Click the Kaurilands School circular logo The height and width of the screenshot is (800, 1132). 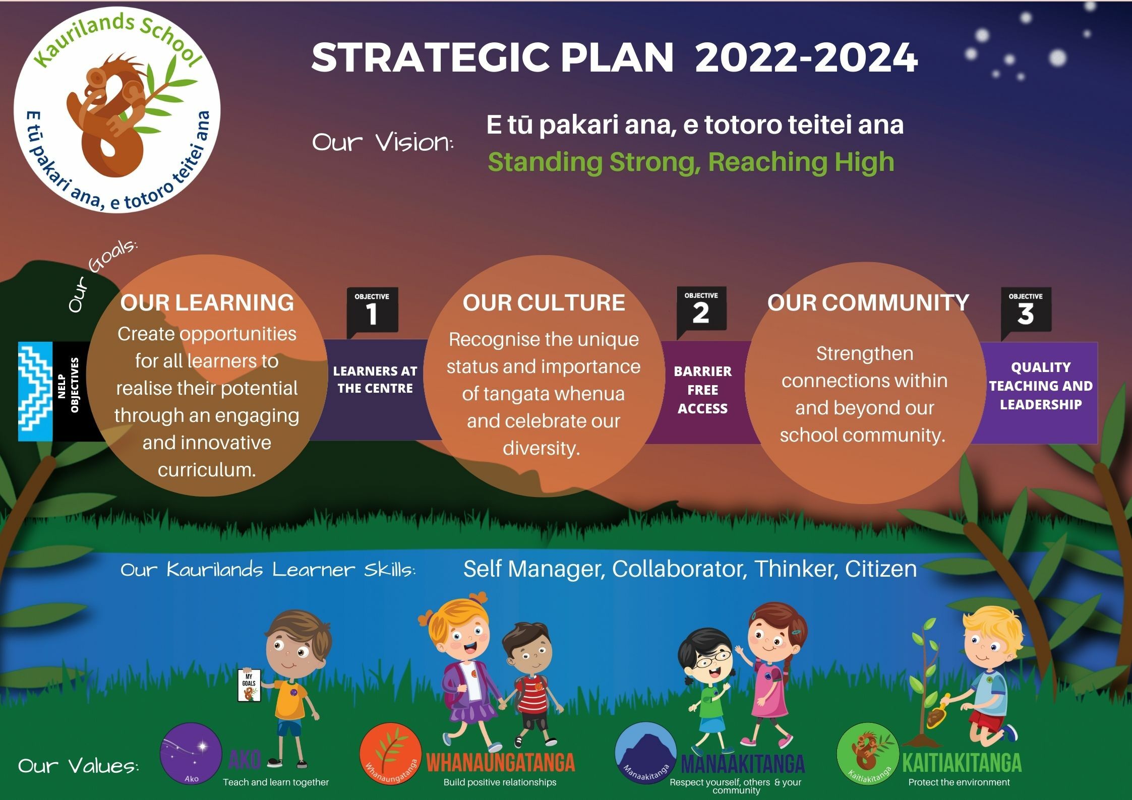[117, 110]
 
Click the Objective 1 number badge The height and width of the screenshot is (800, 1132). [372, 312]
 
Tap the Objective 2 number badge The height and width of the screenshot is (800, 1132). [701, 311]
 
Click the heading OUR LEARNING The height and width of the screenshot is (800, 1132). [207, 302]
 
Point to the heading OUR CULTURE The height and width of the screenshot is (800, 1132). [544, 302]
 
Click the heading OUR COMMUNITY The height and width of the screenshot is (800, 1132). [868, 302]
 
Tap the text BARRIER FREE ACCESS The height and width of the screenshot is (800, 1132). [702, 390]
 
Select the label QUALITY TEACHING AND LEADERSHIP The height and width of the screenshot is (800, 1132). [1040, 386]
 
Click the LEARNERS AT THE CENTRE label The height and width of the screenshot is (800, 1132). [375, 380]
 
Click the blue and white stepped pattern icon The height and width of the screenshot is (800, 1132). [35, 392]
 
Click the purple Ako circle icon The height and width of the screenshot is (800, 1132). [191, 754]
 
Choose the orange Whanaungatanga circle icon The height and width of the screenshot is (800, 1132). [390, 754]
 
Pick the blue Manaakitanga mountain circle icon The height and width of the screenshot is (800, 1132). [645, 754]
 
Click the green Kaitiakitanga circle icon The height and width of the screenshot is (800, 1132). [868, 754]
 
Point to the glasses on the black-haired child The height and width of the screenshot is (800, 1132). [709, 657]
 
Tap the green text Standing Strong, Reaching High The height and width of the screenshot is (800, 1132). [691, 162]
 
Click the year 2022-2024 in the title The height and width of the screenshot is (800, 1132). [806, 57]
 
